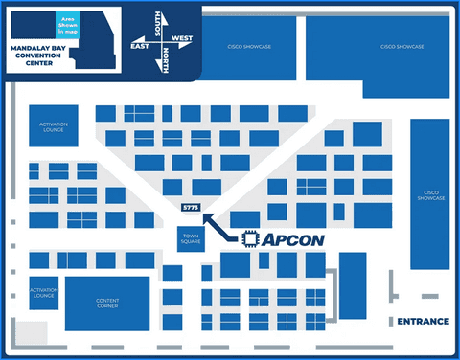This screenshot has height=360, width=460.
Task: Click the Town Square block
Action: [x=189, y=239]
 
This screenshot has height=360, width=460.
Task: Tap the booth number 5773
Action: [x=190, y=208]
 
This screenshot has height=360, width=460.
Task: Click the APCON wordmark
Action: [x=292, y=239]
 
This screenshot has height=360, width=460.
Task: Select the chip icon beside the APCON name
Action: [x=250, y=239]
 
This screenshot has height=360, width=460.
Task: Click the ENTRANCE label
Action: [x=422, y=322]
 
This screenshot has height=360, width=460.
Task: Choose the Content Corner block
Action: [x=106, y=303]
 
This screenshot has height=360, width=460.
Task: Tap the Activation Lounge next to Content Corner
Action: [x=44, y=293]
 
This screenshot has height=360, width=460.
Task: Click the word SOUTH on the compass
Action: [x=158, y=21]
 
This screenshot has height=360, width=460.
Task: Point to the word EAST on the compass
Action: [x=140, y=45]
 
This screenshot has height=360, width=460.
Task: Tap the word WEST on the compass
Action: [x=182, y=39]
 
